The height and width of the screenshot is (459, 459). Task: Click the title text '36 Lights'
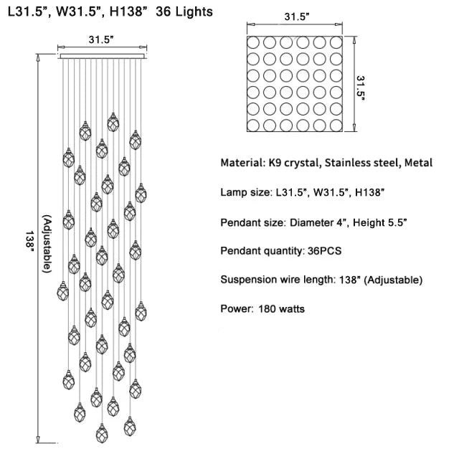tap(184, 11)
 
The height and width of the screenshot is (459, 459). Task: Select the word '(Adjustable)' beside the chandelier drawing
tap(47, 244)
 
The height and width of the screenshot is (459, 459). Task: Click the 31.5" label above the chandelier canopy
tap(101, 39)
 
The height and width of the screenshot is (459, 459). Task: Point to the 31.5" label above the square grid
tap(297, 16)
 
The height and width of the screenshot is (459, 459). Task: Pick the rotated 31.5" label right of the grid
tap(361, 88)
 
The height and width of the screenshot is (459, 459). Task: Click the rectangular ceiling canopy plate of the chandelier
tap(102, 56)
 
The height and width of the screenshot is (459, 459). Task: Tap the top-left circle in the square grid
tap(253, 43)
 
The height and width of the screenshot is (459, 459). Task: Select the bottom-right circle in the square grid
tap(336, 126)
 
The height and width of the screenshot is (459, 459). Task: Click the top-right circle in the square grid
tap(336, 43)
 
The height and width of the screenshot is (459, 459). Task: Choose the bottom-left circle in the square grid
tap(253, 126)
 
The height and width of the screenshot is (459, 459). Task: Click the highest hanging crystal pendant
tap(113, 123)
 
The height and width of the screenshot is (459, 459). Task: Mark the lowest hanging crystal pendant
tap(102, 433)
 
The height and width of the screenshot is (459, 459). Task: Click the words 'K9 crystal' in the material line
tap(293, 163)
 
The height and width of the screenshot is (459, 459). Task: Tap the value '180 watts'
tap(281, 309)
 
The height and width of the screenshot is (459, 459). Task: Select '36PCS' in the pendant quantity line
tap(324, 251)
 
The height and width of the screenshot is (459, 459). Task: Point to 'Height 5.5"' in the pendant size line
tap(379, 222)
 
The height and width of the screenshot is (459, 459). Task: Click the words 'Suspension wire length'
tap(277, 280)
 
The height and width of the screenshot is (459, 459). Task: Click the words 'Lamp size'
tap(245, 192)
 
